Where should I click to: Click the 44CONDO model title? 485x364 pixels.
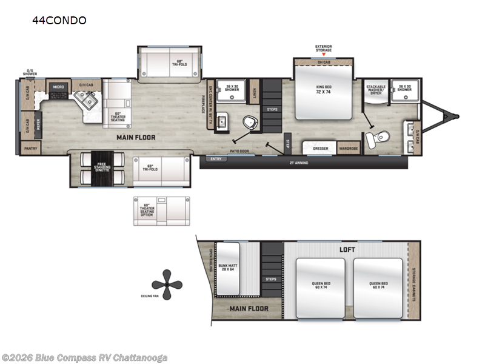tap(59, 21)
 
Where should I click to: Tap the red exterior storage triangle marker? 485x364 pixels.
tap(323, 55)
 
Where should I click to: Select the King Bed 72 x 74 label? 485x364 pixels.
tap(323, 90)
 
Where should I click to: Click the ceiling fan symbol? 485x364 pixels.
tap(163, 283)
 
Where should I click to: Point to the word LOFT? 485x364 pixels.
tap(347, 249)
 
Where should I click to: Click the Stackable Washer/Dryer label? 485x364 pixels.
tap(376, 89)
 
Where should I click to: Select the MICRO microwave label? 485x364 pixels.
tap(58, 87)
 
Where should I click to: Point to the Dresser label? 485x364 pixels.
tap(321, 147)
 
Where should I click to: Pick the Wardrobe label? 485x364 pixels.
tap(348, 147)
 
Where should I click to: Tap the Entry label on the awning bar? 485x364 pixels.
tap(216, 159)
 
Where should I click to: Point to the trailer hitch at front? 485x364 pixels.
tap(449, 114)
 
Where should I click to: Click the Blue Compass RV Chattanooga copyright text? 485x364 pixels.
tap(85, 357)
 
